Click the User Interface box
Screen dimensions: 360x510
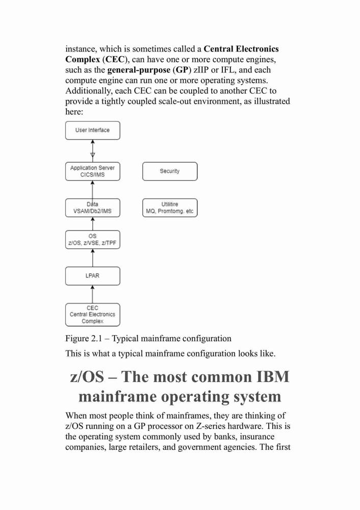(x=93, y=131)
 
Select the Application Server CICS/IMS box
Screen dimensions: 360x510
(x=93, y=171)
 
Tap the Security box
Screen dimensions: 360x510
(x=170, y=171)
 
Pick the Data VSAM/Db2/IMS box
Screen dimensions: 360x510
(x=93, y=208)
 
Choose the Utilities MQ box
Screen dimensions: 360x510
(x=170, y=208)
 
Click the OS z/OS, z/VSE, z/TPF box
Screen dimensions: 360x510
(x=93, y=240)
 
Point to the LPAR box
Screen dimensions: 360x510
(x=93, y=276)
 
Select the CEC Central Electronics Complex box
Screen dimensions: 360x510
(x=93, y=315)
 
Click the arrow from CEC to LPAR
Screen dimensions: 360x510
(x=93, y=294)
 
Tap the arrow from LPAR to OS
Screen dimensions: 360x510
(x=93, y=258)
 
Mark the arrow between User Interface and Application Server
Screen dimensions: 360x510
(x=93, y=151)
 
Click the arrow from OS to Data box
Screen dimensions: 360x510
(x=93, y=224)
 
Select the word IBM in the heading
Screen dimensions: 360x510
(x=273, y=377)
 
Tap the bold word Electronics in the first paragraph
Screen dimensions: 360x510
(x=257, y=49)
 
